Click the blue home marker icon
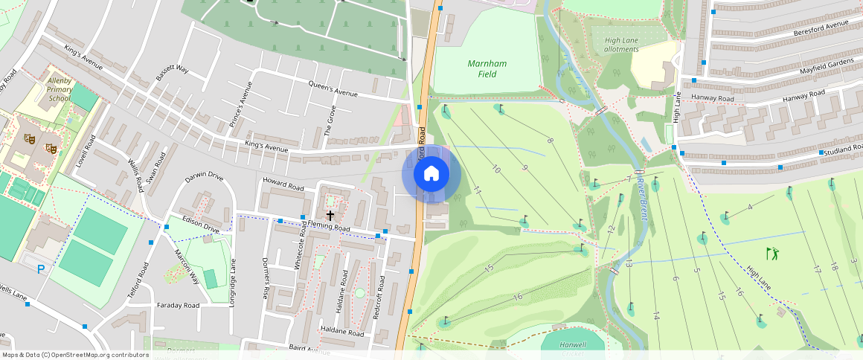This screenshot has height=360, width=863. click(431, 174)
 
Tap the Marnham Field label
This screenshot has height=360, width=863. click(487, 68)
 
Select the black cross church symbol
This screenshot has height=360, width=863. click(330, 215)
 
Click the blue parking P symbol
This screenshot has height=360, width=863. click(41, 269)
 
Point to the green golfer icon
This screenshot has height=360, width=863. click(773, 254)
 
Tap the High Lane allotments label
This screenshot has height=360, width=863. click(622, 45)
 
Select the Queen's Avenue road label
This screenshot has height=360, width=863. click(333, 89)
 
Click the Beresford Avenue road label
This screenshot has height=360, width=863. click(821, 28)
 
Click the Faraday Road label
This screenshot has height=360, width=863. click(178, 305)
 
